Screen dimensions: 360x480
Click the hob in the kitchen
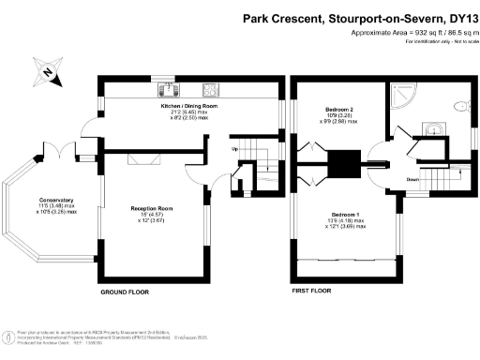pyautogui.click(x=212, y=91)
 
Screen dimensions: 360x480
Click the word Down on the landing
pyautogui.click(x=412, y=179)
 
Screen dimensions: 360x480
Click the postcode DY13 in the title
pyautogui.click(x=458, y=17)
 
